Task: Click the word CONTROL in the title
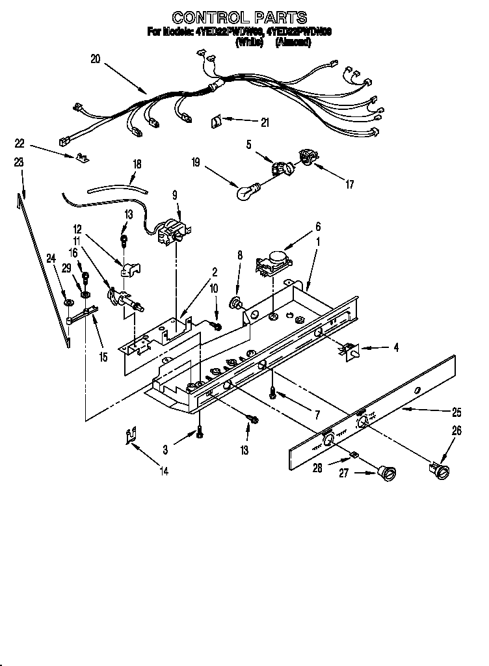[205, 18]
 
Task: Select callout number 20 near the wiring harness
[96, 59]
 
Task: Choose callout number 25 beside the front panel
[457, 412]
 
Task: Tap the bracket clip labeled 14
[131, 438]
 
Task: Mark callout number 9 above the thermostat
[174, 194]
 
